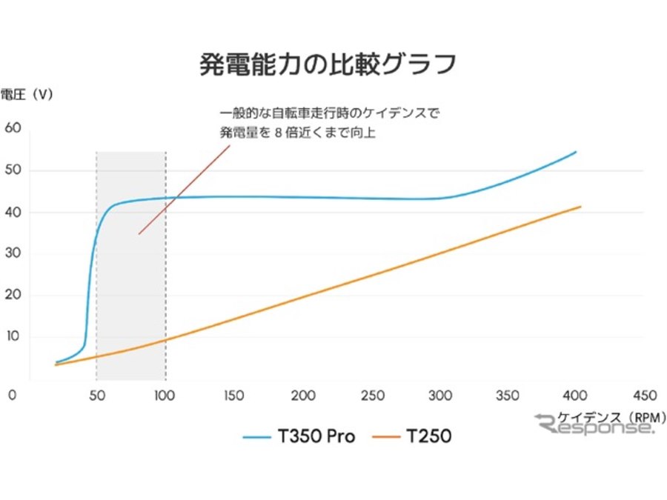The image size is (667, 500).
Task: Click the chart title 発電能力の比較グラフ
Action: tap(327, 64)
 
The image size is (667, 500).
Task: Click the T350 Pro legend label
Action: tap(316, 437)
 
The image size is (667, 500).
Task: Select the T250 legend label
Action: tap(428, 437)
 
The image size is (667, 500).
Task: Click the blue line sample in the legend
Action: tap(257, 437)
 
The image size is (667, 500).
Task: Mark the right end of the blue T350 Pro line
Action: tap(576, 152)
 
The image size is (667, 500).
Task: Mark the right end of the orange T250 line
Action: tap(580, 207)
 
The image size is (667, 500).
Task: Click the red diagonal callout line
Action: tap(184, 189)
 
